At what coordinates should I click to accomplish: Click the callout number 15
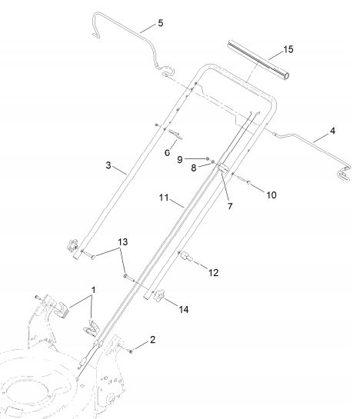288,49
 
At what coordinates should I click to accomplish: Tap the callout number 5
160,23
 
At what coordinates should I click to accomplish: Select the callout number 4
332,131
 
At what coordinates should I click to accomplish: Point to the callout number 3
108,165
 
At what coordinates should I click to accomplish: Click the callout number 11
164,198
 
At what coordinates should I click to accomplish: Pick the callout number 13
123,242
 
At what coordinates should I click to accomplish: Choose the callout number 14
184,309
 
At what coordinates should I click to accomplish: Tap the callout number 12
213,273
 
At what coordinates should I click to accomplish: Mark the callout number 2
152,340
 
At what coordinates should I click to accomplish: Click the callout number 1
93,290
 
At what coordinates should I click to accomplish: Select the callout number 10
272,195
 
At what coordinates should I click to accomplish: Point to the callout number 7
230,206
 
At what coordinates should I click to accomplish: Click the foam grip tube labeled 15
258,60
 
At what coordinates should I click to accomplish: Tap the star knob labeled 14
158,296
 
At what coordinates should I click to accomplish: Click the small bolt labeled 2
131,351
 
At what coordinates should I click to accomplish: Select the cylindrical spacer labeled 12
186,257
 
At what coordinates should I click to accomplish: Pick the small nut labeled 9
207,158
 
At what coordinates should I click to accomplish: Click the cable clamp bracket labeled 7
223,168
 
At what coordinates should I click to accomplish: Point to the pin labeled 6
175,134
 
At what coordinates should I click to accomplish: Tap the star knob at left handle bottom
72,245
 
